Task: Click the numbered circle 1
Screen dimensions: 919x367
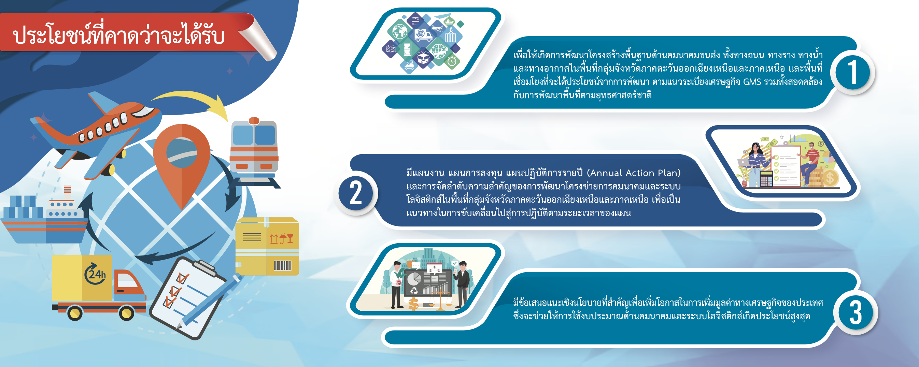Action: [852, 72]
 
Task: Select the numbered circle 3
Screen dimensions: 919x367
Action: [855, 313]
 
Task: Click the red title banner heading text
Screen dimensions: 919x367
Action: [118, 35]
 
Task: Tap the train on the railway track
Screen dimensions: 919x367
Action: [254, 153]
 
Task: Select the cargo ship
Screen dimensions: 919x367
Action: [45, 217]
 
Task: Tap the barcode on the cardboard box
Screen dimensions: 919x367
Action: [283, 265]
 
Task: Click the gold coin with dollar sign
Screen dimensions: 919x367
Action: [830, 177]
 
